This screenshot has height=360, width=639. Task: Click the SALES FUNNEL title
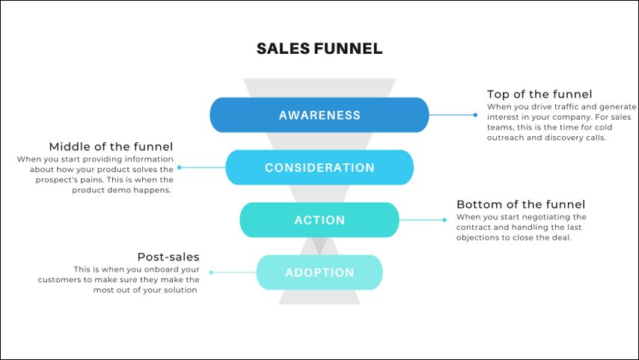point(319,49)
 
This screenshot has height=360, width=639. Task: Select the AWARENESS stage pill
point(319,115)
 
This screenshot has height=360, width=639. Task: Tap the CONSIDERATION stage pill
point(319,168)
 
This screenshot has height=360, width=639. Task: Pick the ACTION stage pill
point(319,220)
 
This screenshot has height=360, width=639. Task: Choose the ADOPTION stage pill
point(319,272)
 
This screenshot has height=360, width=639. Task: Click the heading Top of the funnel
point(539,94)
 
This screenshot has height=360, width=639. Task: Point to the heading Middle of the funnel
point(111,147)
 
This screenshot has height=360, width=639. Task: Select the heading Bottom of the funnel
point(521,204)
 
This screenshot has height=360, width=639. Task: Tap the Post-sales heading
point(168,257)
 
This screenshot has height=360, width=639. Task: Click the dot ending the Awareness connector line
point(475,115)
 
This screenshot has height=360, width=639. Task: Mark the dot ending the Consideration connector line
point(180,168)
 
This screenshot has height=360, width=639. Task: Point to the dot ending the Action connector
point(444,220)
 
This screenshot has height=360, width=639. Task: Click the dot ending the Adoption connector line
point(211,272)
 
